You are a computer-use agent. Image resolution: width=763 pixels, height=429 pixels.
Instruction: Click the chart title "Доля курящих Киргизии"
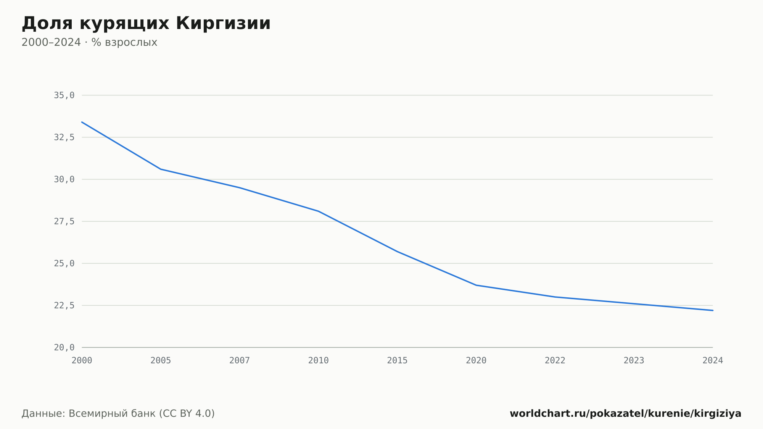pos(146,23)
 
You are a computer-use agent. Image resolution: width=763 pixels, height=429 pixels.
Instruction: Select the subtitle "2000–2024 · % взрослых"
pos(89,42)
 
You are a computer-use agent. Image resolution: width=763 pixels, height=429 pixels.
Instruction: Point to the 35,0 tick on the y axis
pos(64,95)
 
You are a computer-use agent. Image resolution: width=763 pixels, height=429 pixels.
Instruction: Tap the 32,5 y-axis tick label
pos(64,137)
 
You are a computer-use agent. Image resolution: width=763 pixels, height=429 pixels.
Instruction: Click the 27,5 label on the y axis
pos(64,221)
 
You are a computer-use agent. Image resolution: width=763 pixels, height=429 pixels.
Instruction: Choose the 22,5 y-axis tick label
pos(64,305)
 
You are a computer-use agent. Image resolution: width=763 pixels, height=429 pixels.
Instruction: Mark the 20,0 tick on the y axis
pos(64,347)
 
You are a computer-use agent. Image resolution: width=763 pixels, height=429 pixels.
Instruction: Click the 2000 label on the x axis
pos(82,361)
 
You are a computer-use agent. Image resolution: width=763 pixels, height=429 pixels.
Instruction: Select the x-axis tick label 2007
pos(240,361)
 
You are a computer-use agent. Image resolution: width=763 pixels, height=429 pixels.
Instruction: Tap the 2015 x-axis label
pos(398,361)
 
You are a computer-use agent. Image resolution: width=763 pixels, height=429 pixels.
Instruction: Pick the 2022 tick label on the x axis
pos(555,361)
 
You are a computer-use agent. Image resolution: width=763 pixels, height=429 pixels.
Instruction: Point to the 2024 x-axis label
pos(713,361)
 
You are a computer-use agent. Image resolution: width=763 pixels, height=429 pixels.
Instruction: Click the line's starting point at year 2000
pos(82,122)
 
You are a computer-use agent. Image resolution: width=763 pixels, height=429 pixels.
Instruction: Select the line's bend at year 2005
pos(161,169)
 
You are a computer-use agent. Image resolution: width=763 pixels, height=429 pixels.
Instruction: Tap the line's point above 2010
pos(319,211)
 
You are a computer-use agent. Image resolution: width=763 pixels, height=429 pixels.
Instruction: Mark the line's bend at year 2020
pos(476,285)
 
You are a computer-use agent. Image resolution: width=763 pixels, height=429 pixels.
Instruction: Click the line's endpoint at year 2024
pos(713,310)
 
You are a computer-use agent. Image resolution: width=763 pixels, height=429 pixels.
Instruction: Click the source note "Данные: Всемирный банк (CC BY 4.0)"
pos(118,414)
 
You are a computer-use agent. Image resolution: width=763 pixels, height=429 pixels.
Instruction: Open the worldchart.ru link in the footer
pos(626,414)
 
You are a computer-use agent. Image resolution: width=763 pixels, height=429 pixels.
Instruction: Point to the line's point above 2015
pos(398,252)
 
